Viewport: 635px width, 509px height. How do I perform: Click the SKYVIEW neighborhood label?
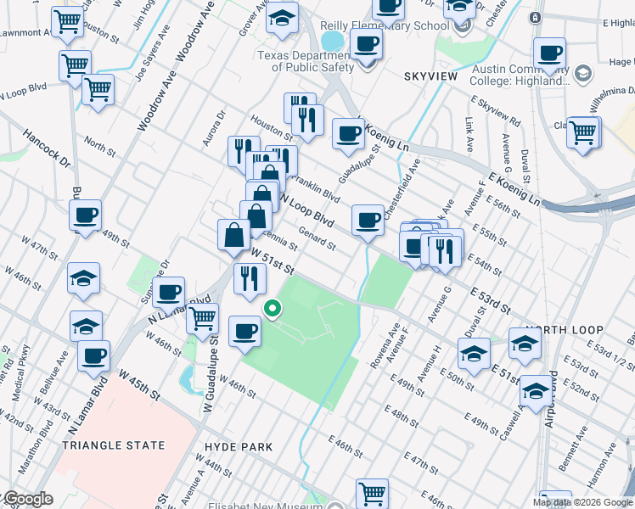(430, 76)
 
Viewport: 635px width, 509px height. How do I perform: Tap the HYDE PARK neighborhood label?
(239, 447)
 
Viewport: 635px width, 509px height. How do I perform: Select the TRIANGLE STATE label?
(116, 445)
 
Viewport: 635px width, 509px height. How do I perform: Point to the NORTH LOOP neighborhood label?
(563, 330)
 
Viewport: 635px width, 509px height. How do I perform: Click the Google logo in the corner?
(28, 499)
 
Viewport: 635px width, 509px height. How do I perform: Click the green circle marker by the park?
(273, 309)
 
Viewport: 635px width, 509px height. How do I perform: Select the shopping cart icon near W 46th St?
(202, 318)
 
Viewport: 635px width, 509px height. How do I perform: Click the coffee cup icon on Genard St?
(368, 220)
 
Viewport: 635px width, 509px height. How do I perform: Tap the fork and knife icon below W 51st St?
(249, 277)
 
